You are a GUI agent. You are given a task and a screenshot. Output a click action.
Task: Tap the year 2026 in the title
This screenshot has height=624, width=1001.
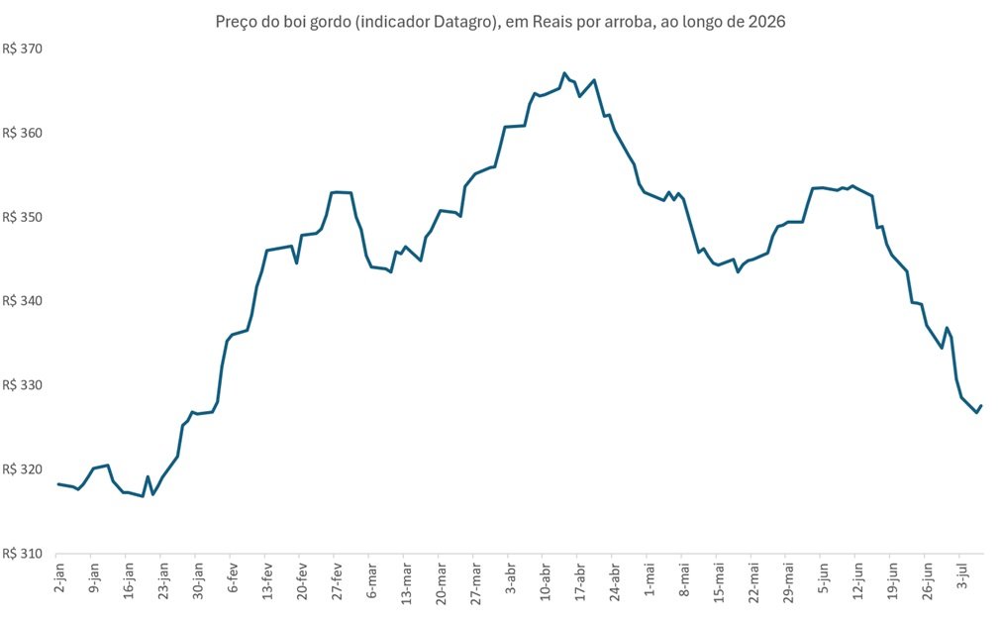pos(768,22)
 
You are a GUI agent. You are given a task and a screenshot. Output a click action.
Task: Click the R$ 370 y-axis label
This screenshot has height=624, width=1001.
pos(23,50)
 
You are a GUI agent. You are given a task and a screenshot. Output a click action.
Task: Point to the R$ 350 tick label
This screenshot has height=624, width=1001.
pos(23,217)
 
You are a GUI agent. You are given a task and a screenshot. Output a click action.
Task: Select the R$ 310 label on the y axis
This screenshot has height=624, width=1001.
pos(23,554)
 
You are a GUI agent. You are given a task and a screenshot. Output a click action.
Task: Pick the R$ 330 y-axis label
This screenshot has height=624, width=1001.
pos(23,385)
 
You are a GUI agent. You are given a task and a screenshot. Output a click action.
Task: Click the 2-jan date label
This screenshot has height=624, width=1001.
pos(60,577)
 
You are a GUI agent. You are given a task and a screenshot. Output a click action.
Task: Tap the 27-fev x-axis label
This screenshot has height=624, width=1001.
pos(337,580)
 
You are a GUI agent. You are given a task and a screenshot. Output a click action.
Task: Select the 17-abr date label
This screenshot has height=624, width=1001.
pos(579,580)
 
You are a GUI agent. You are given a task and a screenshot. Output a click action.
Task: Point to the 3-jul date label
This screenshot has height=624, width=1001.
pos(961,576)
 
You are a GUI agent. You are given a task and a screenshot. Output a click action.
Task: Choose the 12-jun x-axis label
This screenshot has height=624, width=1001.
pos(857,580)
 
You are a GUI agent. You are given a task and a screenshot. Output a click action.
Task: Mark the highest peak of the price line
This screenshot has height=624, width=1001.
pos(564,73)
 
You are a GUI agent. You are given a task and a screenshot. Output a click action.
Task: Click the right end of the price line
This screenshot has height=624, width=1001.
pos(981,405)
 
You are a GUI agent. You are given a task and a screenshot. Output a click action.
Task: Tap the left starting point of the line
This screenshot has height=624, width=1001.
pos(58,484)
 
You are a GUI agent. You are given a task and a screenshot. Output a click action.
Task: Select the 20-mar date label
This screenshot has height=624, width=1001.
pos(442,581)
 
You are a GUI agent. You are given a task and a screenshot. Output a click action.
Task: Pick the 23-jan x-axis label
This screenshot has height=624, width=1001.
pos(164,580)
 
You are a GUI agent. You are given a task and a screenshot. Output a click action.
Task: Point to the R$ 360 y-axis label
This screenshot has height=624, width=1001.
pos(23,133)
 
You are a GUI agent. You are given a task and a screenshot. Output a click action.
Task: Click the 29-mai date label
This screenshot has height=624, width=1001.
pos(788,581)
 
